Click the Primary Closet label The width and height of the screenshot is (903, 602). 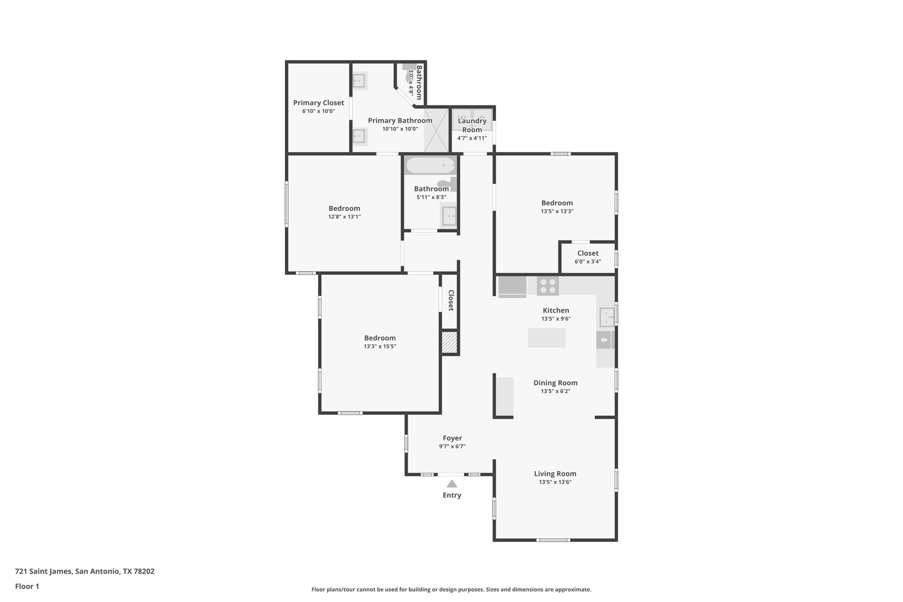[x=318, y=103]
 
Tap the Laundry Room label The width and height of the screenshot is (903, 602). [x=472, y=125]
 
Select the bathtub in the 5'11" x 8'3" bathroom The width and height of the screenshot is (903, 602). [x=430, y=166]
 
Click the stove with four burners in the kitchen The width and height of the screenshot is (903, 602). [x=548, y=286]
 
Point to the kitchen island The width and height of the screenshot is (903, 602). [x=546, y=338]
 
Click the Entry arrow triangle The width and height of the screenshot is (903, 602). [x=451, y=484]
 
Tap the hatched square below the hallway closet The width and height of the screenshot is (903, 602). [x=449, y=342]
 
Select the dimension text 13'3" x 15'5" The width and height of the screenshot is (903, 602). [x=380, y=347]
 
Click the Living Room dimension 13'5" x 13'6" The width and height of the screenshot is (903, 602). [x=555, y=482]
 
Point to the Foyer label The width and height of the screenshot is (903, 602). [x=452, y=438]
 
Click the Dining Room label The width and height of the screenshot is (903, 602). [x=555, y=383]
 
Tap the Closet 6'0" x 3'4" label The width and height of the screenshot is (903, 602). [x=587, y=253]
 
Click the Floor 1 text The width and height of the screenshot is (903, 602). [x=27, y=586]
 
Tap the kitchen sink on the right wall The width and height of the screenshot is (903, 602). [x=606, y=317]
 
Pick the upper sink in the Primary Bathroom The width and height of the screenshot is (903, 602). [x=359, y=81]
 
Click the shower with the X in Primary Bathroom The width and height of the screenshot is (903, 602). [x=436, y=131]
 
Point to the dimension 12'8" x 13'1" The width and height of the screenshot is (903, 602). [x=344, y=217]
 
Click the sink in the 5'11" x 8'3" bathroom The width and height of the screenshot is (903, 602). [x=449, y=216]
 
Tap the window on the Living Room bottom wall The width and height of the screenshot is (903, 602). [x=553, y=540]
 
